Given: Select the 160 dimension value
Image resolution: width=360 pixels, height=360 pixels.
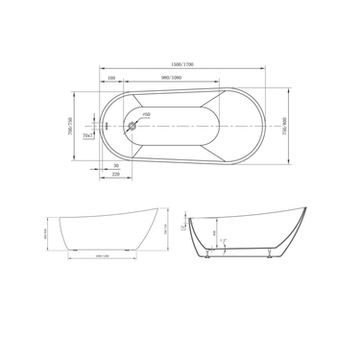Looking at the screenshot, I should pyautogui.click(x=111, y=78).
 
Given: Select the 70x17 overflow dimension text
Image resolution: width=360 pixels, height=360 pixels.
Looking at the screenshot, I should pyautogui.click(x=88, y=136).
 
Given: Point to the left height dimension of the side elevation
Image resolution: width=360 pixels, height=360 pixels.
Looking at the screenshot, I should pyautogui.click(x=45, y=233).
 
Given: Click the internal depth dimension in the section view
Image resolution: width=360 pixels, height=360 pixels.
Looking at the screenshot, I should pyautogui.click(x=214, y=232).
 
